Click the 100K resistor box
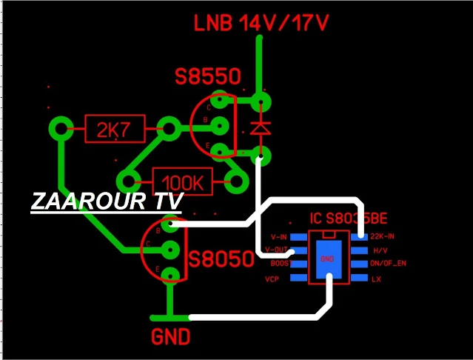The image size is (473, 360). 182,180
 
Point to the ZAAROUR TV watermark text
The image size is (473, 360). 107,201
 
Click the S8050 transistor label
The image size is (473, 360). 215,260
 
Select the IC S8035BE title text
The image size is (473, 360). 348,219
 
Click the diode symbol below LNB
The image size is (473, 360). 259,127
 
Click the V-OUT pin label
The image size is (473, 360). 277,250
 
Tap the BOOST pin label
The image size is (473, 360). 279,264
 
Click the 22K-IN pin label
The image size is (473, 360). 383,236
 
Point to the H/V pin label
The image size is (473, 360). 380,250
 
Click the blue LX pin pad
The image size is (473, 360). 358,278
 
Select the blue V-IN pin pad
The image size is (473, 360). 298,236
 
